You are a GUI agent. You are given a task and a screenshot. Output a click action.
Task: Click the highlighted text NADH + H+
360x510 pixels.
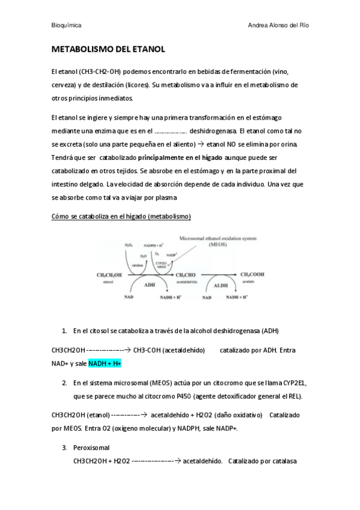pos(105,364)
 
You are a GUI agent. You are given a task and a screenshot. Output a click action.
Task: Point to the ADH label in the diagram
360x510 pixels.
pos(150,285)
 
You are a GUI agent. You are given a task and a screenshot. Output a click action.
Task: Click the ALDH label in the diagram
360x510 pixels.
pos(221,285)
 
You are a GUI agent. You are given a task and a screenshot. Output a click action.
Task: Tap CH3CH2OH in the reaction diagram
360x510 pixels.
pos(108,275)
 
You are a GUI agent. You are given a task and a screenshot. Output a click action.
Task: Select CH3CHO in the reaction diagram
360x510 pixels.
pos(185,275)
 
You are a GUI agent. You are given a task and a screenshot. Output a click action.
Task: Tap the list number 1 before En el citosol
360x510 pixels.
pos(64,331)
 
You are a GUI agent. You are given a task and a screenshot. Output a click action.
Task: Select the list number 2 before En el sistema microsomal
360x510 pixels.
pos(64,382)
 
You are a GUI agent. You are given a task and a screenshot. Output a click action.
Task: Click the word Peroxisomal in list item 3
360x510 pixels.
pos(91,448)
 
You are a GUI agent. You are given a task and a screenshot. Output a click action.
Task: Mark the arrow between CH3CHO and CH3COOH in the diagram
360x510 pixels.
pos(218,275)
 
